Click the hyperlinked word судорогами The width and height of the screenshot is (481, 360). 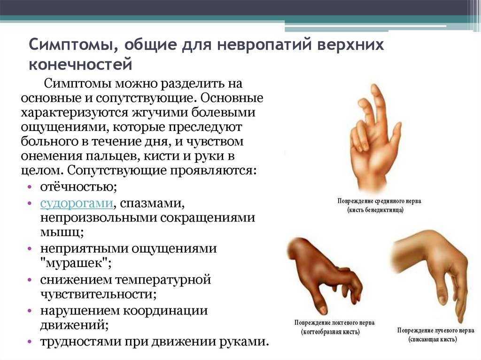[x=77, y=203]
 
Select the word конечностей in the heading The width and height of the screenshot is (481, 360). [x=80, y=65]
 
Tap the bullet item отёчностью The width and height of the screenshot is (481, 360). [x=78, y=187]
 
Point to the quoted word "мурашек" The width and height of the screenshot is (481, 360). [x=76, y=263]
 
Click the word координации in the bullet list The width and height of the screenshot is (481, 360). [x=166, y=311]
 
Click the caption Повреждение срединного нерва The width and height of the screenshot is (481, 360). [x=379, y=201]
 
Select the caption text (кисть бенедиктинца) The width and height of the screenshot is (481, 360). [x=375, y=210]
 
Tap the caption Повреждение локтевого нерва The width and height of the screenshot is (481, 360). [x=334, y=322]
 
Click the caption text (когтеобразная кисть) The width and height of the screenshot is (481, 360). [x=330, y=332]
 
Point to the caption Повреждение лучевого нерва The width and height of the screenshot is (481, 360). [x=435, y=330]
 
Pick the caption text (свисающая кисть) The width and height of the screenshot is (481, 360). [x=432, y=339]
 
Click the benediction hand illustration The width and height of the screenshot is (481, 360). [x=374, y=138]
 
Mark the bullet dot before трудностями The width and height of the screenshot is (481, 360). [x=30, y=341]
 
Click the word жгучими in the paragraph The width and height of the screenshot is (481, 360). [x=161, y=113]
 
